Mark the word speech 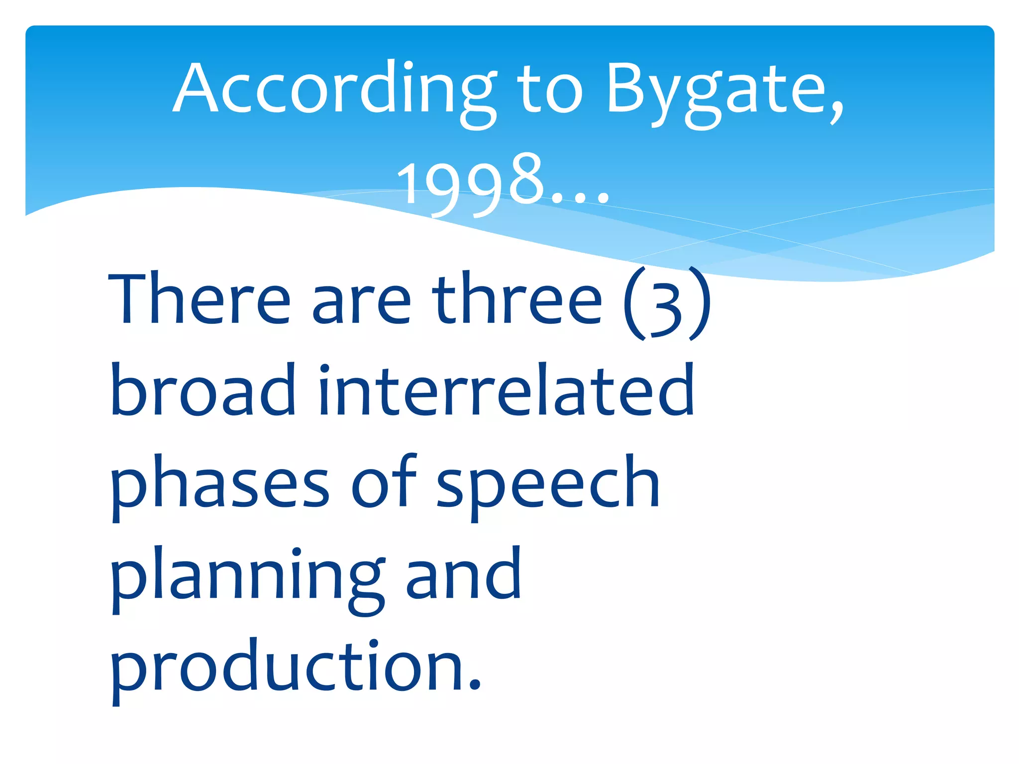click(x=547, y=485)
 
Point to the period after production click(x=475, y=686)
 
